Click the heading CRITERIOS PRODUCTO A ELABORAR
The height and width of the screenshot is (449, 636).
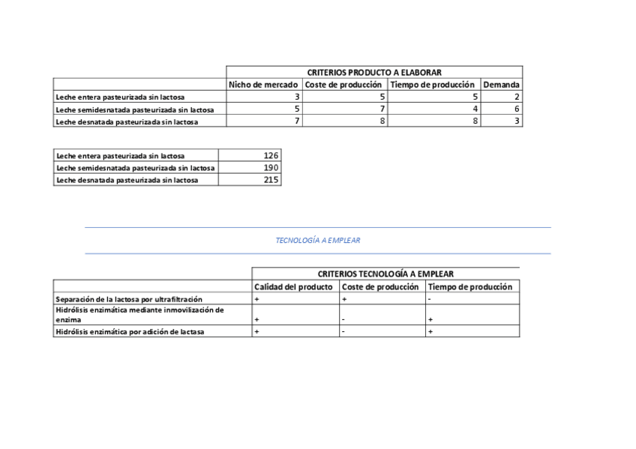click(374, 72)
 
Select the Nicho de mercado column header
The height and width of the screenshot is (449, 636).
click(263, 85)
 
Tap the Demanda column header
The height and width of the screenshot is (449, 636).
click(501, 85)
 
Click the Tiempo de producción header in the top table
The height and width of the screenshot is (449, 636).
click(433, 85)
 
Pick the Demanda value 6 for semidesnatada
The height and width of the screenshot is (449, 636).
click(517, 109)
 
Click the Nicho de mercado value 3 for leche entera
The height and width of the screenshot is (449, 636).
click(297, 97)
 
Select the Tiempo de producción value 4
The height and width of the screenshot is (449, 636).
click(475, 109)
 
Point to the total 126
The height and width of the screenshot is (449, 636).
click(271, 155)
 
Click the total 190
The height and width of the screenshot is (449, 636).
click(271, 167)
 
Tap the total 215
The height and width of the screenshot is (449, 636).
click(271, 179)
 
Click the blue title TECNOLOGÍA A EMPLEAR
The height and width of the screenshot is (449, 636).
click(318, 241)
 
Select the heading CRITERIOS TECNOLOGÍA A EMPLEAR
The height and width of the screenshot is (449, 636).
click(385, 274)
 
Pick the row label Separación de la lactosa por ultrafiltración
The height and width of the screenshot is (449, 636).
click(129, 299)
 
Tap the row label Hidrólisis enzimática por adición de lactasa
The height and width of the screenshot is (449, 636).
click(129, 332)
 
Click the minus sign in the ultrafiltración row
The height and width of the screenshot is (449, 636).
click(429, 299)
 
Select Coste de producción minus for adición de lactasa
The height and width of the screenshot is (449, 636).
click(343, 331)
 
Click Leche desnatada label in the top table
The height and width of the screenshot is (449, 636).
click(127, 121)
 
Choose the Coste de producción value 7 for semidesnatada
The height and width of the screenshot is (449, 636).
click(382, 109)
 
